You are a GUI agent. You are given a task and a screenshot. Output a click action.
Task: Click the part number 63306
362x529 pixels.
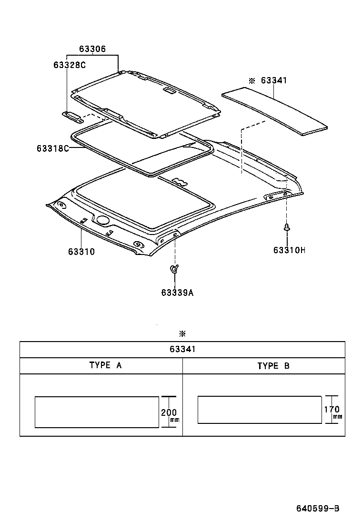pos(92,49)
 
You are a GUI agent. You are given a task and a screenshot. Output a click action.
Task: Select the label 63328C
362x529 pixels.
pos(70,65)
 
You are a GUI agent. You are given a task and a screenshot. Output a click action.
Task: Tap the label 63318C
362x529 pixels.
pos(53,148)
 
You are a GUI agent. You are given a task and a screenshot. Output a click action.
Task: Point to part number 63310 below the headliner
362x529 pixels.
pos(81,252)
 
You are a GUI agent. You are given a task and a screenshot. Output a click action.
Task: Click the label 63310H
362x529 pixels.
pos(289,250)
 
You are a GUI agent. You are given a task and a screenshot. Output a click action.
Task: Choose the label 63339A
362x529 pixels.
pos(177,293)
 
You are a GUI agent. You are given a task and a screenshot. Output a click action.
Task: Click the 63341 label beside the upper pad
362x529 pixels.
pos(274,81)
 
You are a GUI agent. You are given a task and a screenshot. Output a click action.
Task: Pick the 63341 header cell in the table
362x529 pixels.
pos(182,350)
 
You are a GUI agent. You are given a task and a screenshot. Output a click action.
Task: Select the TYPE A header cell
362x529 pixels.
pos(106,366)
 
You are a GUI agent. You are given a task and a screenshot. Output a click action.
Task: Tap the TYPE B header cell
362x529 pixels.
pos(273,366)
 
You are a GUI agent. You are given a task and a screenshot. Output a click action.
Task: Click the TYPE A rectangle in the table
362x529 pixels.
pos(97,412)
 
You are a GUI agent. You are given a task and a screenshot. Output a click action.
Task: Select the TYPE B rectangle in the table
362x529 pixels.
pos(260,409)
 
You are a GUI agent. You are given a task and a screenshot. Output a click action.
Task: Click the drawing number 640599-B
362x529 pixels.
pos(317,509)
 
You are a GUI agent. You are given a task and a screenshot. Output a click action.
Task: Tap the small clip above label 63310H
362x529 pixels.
pos(287,227)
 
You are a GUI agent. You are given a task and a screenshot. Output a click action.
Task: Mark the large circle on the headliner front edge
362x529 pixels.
pos(102,220)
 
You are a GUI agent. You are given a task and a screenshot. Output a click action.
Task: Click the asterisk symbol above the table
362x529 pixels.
pos(182,333)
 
